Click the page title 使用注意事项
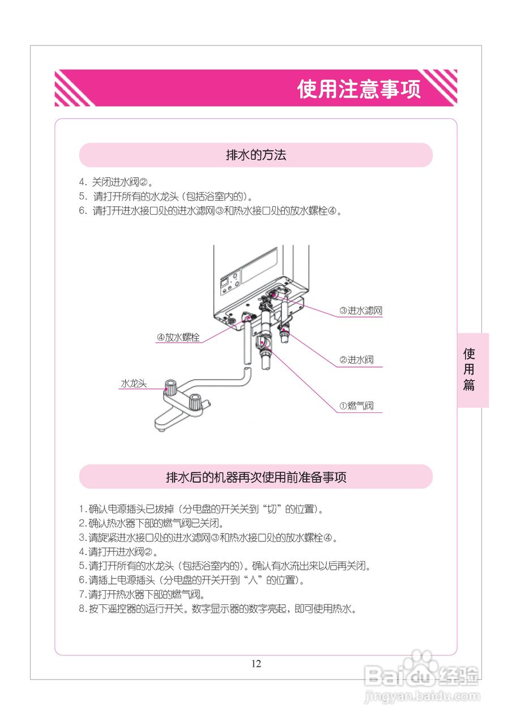pyautogui.click(x=359, y=89)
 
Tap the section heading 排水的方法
pyautogui.click(x=256, y=155)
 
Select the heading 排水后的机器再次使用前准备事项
pyautogui.click(x=256, y=477)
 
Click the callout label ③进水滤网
pyautogui.click(x=361, y=310)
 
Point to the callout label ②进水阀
pyautogui.click(x=356, y=360)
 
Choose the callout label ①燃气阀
pyautogui.click(x=356, y=406)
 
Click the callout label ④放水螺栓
pyautogui.click(x=178, y=337)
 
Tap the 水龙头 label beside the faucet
pyautogui.click(x=133, y=383)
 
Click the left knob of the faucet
pyautogui.click(x=170, y=388)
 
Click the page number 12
pyautogui.click(x=256, y=664)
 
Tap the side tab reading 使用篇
pyautogui.click(x=469, y=369)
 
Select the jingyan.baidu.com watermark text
pyautogui.click(x=422, y=696)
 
